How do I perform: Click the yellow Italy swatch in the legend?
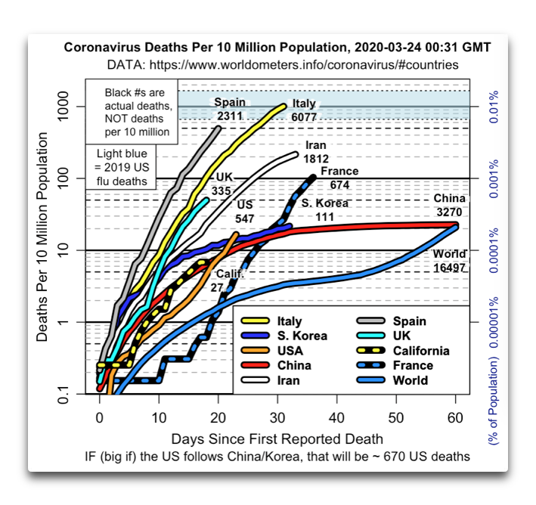pyautogui.click(x=255, y=321)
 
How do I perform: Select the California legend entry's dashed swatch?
pyautogui.click(x=371, y=351)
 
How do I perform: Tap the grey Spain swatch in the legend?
pyautogui.click(x=371, y=321)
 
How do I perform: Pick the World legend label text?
pyautogui.click(x=411, y=380)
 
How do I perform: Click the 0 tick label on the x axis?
pyautogui.click(x=100, y=418)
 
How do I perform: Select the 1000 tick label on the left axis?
pyautogui.click(x=64, y=107)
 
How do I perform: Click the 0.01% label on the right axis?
pyautogui.click(x=494, y=107)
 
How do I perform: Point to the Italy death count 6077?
pyautogui.click(x=304, y=117)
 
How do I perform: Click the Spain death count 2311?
pyautogui.click(x=230, y=116)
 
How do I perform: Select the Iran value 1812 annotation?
pyautogui.click(x=316, y=159)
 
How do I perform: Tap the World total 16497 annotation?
pyautogui.click(x=450, y=268)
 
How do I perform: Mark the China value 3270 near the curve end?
pyautogui.click(x=449, y=212)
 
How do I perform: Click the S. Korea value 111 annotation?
pyautogui.click(x=325, y=217)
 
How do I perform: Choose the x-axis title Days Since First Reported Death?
pyautogui.click(x=277, y=439)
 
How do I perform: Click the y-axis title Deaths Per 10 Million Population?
pyautogui.click(x=42, y=237)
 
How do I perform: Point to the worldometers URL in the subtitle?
pyautogui.click(x=304, y=64)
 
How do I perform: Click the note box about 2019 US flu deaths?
pyautogui.click(x=121, y=167)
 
